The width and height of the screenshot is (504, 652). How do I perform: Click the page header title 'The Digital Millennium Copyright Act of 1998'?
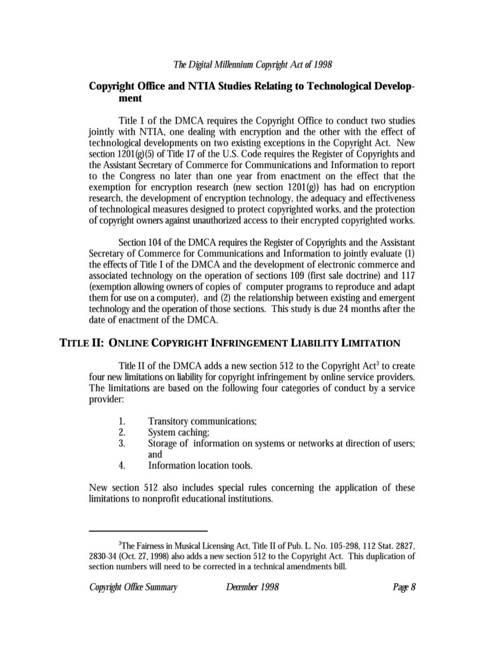tap(253, 64)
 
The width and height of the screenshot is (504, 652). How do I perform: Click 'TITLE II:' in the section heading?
tap(82, 343)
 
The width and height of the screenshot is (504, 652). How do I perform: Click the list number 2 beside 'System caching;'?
tap(121, 432)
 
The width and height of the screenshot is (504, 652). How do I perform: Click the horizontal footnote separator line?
tap(148, 530)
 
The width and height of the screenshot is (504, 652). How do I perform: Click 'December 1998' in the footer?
tap(253, 587)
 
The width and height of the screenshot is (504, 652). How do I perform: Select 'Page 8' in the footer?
tap(405, 587)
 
